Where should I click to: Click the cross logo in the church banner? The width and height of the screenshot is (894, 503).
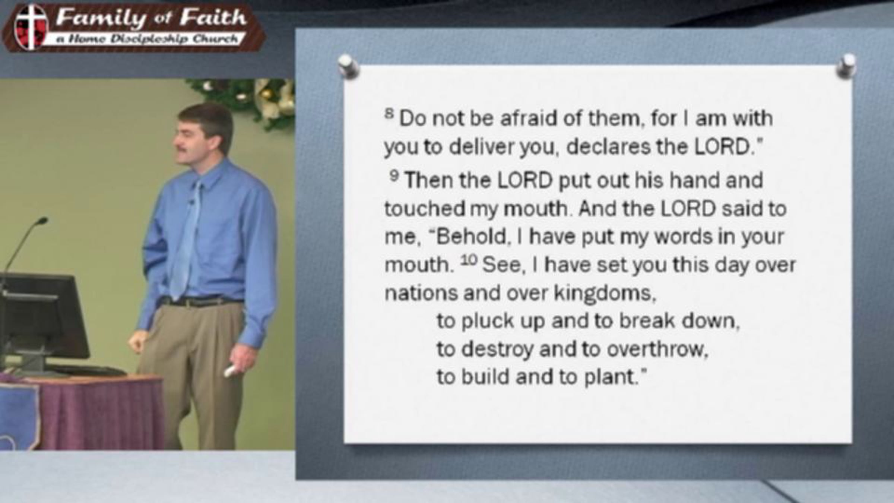coord(31,27)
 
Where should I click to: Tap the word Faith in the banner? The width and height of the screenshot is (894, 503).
coord(213,18)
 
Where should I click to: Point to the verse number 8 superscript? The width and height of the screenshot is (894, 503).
coord(389,113)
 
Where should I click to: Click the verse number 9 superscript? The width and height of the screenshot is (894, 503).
coord(394,175)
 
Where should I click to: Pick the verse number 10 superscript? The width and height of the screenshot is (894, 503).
coord(469,260)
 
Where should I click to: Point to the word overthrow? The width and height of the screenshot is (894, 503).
coord(656,349)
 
